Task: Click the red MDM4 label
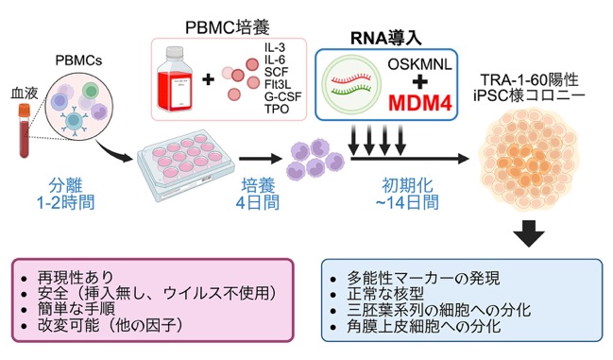[x=420, y=103]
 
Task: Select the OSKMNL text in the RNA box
[x=420, y=64]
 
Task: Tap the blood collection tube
[x=25, y=130]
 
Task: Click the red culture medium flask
[x=175, y=79]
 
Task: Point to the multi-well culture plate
[x=185, y=165]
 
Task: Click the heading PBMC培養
[x=228, y=27]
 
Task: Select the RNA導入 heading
[x=386, y=39]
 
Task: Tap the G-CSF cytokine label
[x=282, y=96]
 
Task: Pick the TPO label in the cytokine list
[x=277, y=109]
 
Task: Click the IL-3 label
[x=275, y=47]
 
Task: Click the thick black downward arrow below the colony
[x=529, y=233]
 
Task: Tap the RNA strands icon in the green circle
[x=351, y=85]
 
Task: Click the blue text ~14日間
[x=406, y=202]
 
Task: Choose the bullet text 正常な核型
[x=385, y=295]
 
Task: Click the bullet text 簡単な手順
[x=77, y=308]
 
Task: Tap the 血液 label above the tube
[x=25, y=94]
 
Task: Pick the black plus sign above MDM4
[x=420, y=82]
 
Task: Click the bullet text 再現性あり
[x=76, y=277]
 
